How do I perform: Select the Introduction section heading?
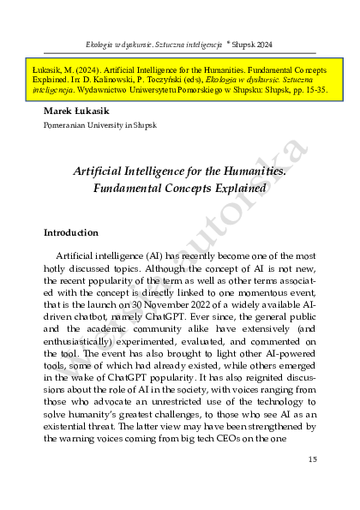coord(70,233)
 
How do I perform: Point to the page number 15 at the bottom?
coord(312,460)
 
